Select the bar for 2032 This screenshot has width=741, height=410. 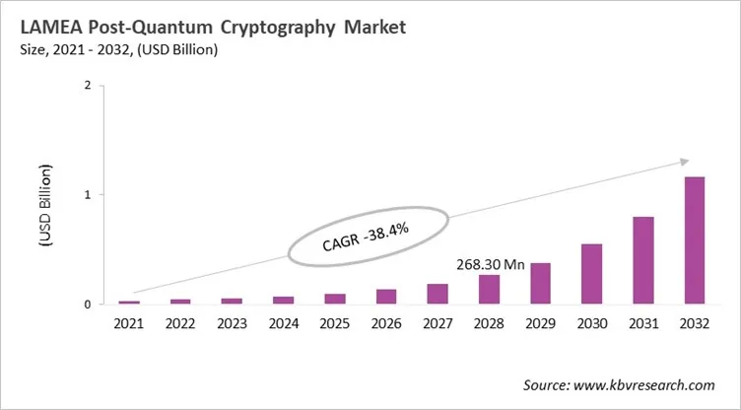(x=694, y=240)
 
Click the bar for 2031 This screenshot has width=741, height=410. (x=642, y=260)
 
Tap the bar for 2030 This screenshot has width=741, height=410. (x=591, y=274)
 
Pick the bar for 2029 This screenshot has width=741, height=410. (x=541, y=284)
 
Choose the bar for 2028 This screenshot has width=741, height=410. (x=489, y=290)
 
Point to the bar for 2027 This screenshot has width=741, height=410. (x=438, y=294)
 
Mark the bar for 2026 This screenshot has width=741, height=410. (x=385, y=297)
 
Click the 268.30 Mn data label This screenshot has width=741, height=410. (x=489, y=264)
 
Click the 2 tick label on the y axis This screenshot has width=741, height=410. (x=88, y=86)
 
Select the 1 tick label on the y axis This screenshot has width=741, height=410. (x=88, y=195)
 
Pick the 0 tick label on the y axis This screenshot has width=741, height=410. (x=88, y=305)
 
